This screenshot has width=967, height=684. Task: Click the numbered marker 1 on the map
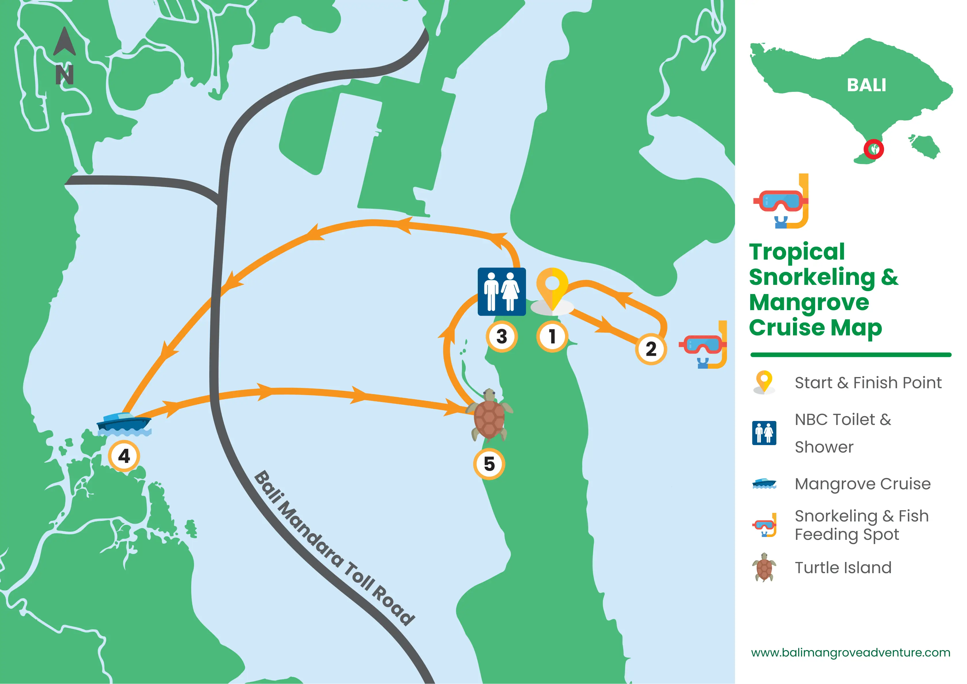[x=552, y=337]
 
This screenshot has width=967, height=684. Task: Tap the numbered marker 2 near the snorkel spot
[x=651, y=349]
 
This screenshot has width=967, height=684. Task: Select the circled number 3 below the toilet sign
[x=501, y=337]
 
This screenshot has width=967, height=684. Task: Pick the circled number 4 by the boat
[x=124, y=456]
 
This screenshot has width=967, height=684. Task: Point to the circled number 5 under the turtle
[x=489, y=464]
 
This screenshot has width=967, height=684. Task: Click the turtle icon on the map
[x=490, y=415]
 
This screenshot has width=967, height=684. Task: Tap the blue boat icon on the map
[x=124, y=423]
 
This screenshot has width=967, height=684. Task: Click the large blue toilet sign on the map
[x=501, y=291]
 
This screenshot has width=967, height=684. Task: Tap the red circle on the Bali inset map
[x=873, y=149]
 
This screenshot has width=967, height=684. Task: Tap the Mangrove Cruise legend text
[x=862, y=484]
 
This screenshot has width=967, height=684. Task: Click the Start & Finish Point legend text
[x=868, y=383]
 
